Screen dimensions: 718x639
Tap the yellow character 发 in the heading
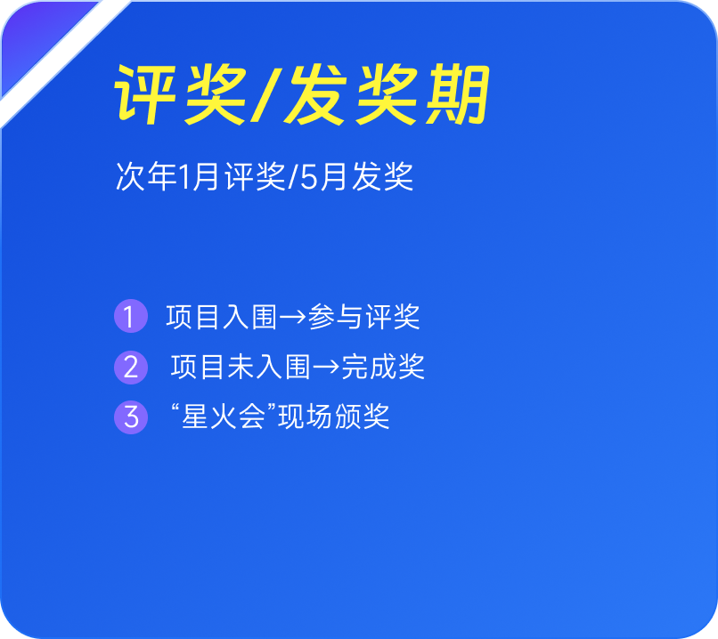(315, 94)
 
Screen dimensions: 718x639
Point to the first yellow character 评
(145, 94)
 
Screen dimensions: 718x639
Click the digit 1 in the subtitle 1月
(184, 176)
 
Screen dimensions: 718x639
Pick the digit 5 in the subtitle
(309, 177)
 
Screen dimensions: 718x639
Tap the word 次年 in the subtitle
(146, 176)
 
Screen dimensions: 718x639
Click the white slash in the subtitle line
(293, 176)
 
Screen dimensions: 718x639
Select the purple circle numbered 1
(131, 316)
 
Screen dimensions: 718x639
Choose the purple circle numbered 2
(131, 368)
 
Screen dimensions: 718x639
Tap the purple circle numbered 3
(131, 417)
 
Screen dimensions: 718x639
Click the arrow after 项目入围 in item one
(292, 317)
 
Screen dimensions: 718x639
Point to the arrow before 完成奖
(327, 367)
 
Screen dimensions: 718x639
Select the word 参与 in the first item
(336, 316)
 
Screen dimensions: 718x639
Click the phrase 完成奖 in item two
(383, 367)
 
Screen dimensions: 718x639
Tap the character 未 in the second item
(241, 367)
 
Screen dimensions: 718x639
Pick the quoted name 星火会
(224, 417)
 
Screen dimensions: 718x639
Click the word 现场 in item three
(305, 417)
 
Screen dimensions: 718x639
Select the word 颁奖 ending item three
(363, 417)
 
